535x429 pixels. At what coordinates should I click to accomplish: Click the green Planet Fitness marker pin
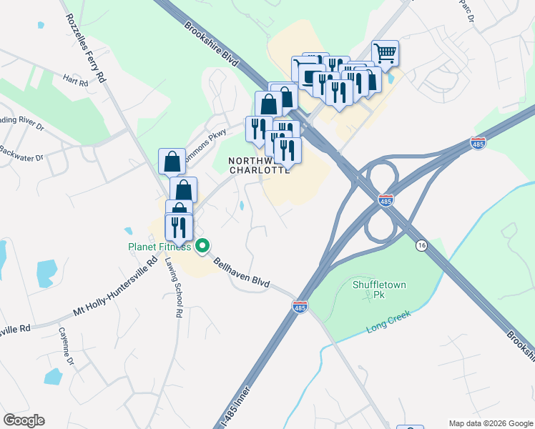[x=202, y=245]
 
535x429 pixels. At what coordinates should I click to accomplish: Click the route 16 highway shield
[x=422, y=245]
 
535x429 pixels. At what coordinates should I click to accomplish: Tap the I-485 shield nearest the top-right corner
[x=478, y=144]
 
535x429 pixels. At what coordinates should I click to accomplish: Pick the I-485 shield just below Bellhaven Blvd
[x=300, y=307]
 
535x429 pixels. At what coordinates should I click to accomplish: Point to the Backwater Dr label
[x=21, y=154]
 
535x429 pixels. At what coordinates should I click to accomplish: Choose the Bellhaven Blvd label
[x=241, y=273]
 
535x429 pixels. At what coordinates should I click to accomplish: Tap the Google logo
[x=24, y=420]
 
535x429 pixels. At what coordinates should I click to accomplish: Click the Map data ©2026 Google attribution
[x=491, y=423]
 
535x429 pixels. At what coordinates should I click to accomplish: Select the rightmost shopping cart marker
[x=385, y=53]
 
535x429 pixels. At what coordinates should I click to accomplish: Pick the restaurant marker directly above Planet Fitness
[x=177, y=227]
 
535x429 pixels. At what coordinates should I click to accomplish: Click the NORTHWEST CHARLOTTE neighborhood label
[x=259, y=165]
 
